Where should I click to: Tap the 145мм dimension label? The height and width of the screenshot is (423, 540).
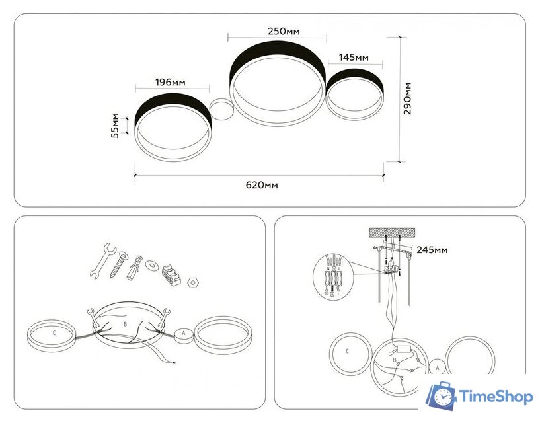click(354, 58)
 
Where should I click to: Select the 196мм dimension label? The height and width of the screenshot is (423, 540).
click(170, 82)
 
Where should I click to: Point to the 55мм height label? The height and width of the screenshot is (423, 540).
click(116, 126)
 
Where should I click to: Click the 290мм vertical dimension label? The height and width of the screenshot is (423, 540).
click(408, 99)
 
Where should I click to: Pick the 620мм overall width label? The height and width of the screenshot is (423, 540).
click(262, 185)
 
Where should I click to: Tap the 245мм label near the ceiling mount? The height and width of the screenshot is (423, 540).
click(433, 250)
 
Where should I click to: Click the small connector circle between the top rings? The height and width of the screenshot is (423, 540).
click(221, 109)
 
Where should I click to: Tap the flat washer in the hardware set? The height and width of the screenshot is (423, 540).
click(153, 266)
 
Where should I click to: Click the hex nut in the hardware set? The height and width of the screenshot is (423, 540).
click(193, 282)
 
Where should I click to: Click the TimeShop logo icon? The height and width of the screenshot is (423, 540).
click(440, 396)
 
